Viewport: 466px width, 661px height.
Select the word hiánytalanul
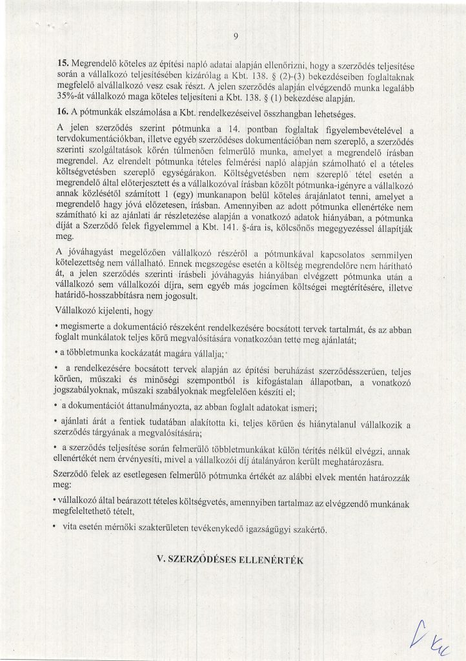click(345, 423)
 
